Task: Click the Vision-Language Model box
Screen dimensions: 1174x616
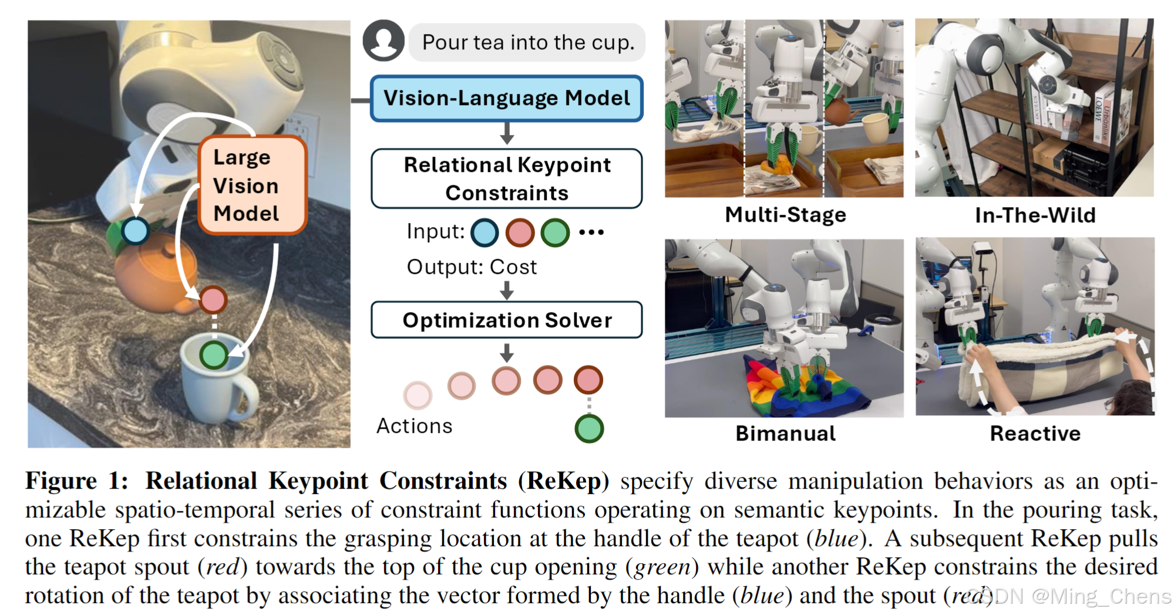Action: (x=506, y=99)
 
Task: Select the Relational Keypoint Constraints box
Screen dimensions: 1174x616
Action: (x=506, y=178)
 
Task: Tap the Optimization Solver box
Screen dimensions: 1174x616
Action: (x=506, y=320)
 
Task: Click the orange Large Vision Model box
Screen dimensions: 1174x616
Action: (x=252, y=185)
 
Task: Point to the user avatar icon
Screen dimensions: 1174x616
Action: (x=384, y=40)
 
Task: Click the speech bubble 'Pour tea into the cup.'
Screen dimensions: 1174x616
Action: (x=527, y=42)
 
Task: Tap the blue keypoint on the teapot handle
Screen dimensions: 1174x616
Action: (x=136, y=231)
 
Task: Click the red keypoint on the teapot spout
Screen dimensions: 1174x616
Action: (x=213, y=300)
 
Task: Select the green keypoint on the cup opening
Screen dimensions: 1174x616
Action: (x=213, y=354)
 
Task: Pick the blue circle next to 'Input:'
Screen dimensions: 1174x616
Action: (x=485, y=232)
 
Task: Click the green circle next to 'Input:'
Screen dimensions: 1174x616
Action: (x=555, y=232)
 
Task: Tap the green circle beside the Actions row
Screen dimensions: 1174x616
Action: (x=589, y=428)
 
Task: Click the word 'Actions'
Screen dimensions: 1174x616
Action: (x=415, y=426)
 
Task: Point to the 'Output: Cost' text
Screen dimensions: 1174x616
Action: (x=472, y=268)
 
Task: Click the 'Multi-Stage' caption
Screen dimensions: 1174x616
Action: (x=785, y=215)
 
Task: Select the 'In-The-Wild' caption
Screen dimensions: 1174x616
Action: (x=1035, y=215)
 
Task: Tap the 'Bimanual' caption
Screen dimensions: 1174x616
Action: (x=785, y=434)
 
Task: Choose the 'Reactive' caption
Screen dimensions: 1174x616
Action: (x=1035, y=434)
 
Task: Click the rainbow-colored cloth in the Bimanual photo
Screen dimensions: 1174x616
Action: (x=781, y=390)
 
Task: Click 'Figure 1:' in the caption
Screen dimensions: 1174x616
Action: (x=76, y=481)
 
